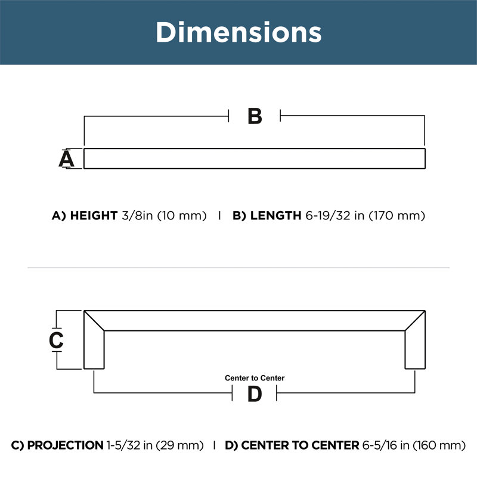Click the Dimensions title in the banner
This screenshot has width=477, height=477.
[x=238, y=32]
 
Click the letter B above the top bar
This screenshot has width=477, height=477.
[x=255, y=116]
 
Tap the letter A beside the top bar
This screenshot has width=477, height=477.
[x=66, y=159]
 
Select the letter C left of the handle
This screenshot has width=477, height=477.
[x=56, y=340]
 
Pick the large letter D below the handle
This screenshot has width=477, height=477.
[x=255, y=394]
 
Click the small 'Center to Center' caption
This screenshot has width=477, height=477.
[x=255, y=378]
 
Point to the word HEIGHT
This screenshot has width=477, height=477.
[x=94, y=216]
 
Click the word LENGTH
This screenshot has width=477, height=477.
[x=275, y=216]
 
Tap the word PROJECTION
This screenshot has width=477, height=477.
[x=66, y=445]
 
